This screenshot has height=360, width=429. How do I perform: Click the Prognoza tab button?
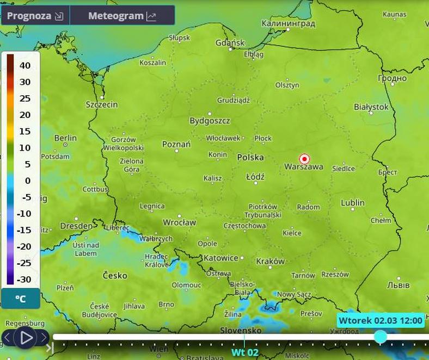[35, 16]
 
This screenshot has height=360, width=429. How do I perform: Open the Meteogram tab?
[122, 16]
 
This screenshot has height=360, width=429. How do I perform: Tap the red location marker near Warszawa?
[305, 159]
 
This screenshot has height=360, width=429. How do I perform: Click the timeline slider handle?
[381, 337]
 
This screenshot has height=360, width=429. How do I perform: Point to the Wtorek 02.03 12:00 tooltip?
[380, 320]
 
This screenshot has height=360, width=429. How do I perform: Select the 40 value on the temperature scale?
[25, 65]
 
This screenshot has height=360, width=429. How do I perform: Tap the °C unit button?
[21, 299]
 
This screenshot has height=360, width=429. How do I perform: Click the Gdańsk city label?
[230, 43]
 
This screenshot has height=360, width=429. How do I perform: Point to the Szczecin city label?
[102, 104]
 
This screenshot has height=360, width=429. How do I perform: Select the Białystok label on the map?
[371, 107]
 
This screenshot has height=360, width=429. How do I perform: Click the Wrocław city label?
[179, 222]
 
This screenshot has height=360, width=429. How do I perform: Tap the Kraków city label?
[270, 261]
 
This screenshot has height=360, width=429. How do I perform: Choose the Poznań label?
[176, 145]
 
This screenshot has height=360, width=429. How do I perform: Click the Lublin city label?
[352, 203]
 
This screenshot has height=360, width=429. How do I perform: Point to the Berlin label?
[65, 138]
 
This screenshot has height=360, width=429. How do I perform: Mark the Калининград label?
[288, 24]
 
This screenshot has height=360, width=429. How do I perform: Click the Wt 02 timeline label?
[245, 352]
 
